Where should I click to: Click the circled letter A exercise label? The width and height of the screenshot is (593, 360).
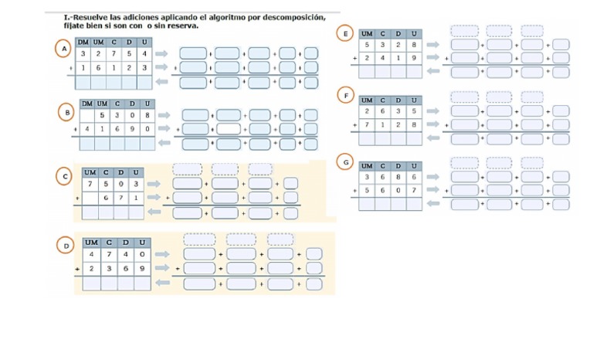click(x=65, y=49)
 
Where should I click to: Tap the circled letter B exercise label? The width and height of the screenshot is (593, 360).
click(x=66, y=112)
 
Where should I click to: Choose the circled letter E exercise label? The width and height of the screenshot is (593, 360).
click(x=345, y=33)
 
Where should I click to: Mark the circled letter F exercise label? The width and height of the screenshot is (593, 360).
click(x=345, y=95)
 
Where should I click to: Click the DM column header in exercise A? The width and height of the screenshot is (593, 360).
click(x=83, y=42)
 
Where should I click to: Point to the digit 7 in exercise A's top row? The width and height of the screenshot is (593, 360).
click(x=114, y=54)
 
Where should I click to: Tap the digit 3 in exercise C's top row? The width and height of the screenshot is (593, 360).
click(x=136, y=184)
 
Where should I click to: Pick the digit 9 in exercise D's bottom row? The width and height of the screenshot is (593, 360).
click(x=141, y=268)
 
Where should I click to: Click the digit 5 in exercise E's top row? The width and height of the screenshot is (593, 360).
click(x=368, y=46)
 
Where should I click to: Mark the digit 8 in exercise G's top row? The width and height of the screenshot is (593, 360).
click(x=399, y=178)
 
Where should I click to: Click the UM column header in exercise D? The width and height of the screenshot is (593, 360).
click(x=92, y=243)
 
